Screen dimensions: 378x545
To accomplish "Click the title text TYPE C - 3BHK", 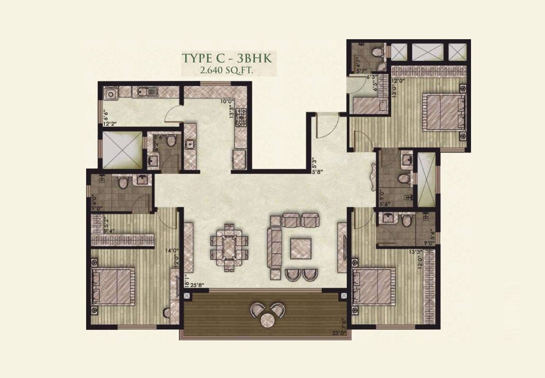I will click(227, 58).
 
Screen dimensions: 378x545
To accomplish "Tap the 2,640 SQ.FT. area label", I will click(227, 71).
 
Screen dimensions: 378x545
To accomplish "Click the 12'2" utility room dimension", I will click(110, 125).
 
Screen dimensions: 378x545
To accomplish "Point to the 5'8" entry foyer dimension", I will click(318, 171).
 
